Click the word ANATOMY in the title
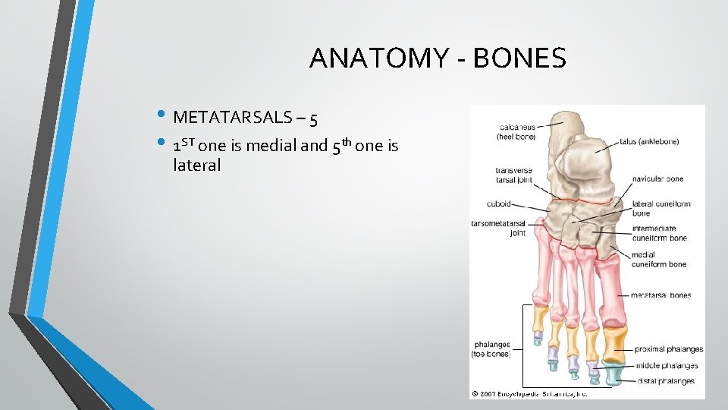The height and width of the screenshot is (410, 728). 372,58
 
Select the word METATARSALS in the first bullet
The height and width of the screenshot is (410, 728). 231,117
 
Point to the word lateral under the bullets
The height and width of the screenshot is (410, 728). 196,165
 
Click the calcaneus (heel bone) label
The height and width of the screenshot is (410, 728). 516,131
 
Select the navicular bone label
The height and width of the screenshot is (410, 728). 657,179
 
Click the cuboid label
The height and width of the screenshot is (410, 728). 499,203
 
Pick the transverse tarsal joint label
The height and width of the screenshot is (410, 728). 513,175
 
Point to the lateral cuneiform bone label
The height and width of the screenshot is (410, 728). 661,208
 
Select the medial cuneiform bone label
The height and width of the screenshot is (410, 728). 658,260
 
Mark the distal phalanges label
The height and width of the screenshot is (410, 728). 665,381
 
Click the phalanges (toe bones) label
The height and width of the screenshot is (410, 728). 492,349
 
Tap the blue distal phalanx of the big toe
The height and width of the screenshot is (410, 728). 613,373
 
